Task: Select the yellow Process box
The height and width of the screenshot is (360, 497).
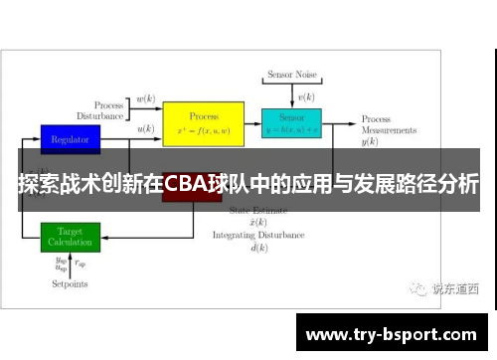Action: tap(203, 123)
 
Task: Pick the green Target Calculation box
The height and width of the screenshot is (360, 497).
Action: tap(70, 237)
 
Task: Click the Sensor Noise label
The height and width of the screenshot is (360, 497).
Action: tap(291, 76)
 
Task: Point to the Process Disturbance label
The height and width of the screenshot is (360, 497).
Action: tap(108, 109)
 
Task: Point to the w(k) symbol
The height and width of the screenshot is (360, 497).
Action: tap(146, 99)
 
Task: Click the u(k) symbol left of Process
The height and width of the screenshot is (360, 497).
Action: tap(146, 128)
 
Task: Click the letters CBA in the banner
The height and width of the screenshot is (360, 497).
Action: tap(189, 184)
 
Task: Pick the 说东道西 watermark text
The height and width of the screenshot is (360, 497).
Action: tap(455, 289)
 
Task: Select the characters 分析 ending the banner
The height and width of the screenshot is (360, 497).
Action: tap(459, 184)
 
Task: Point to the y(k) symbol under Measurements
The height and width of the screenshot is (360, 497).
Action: tap(370, 142)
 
